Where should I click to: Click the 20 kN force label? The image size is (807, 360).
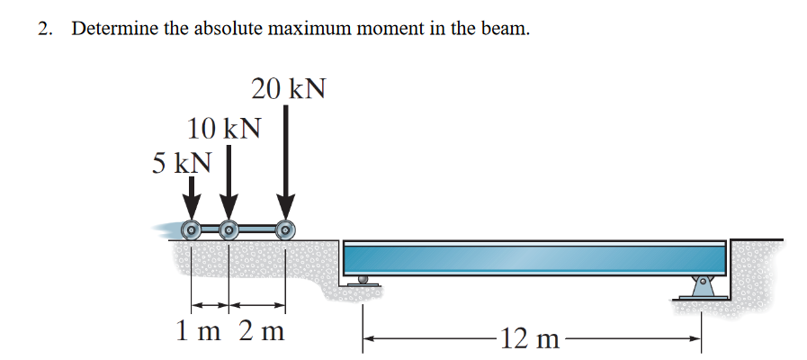(x=288, y=89)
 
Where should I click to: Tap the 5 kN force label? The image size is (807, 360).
(x=183, y=163)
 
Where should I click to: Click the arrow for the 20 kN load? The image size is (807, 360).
(x=286, y=162)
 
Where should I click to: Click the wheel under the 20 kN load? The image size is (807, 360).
(x=286, y=229)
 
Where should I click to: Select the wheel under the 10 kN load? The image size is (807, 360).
(x=229, y=229)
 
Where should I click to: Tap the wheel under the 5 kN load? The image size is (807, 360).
(x=191, y=229)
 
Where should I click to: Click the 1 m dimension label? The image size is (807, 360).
(x=194, y=330)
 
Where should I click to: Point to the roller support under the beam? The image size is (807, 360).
(x=363, y=280)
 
